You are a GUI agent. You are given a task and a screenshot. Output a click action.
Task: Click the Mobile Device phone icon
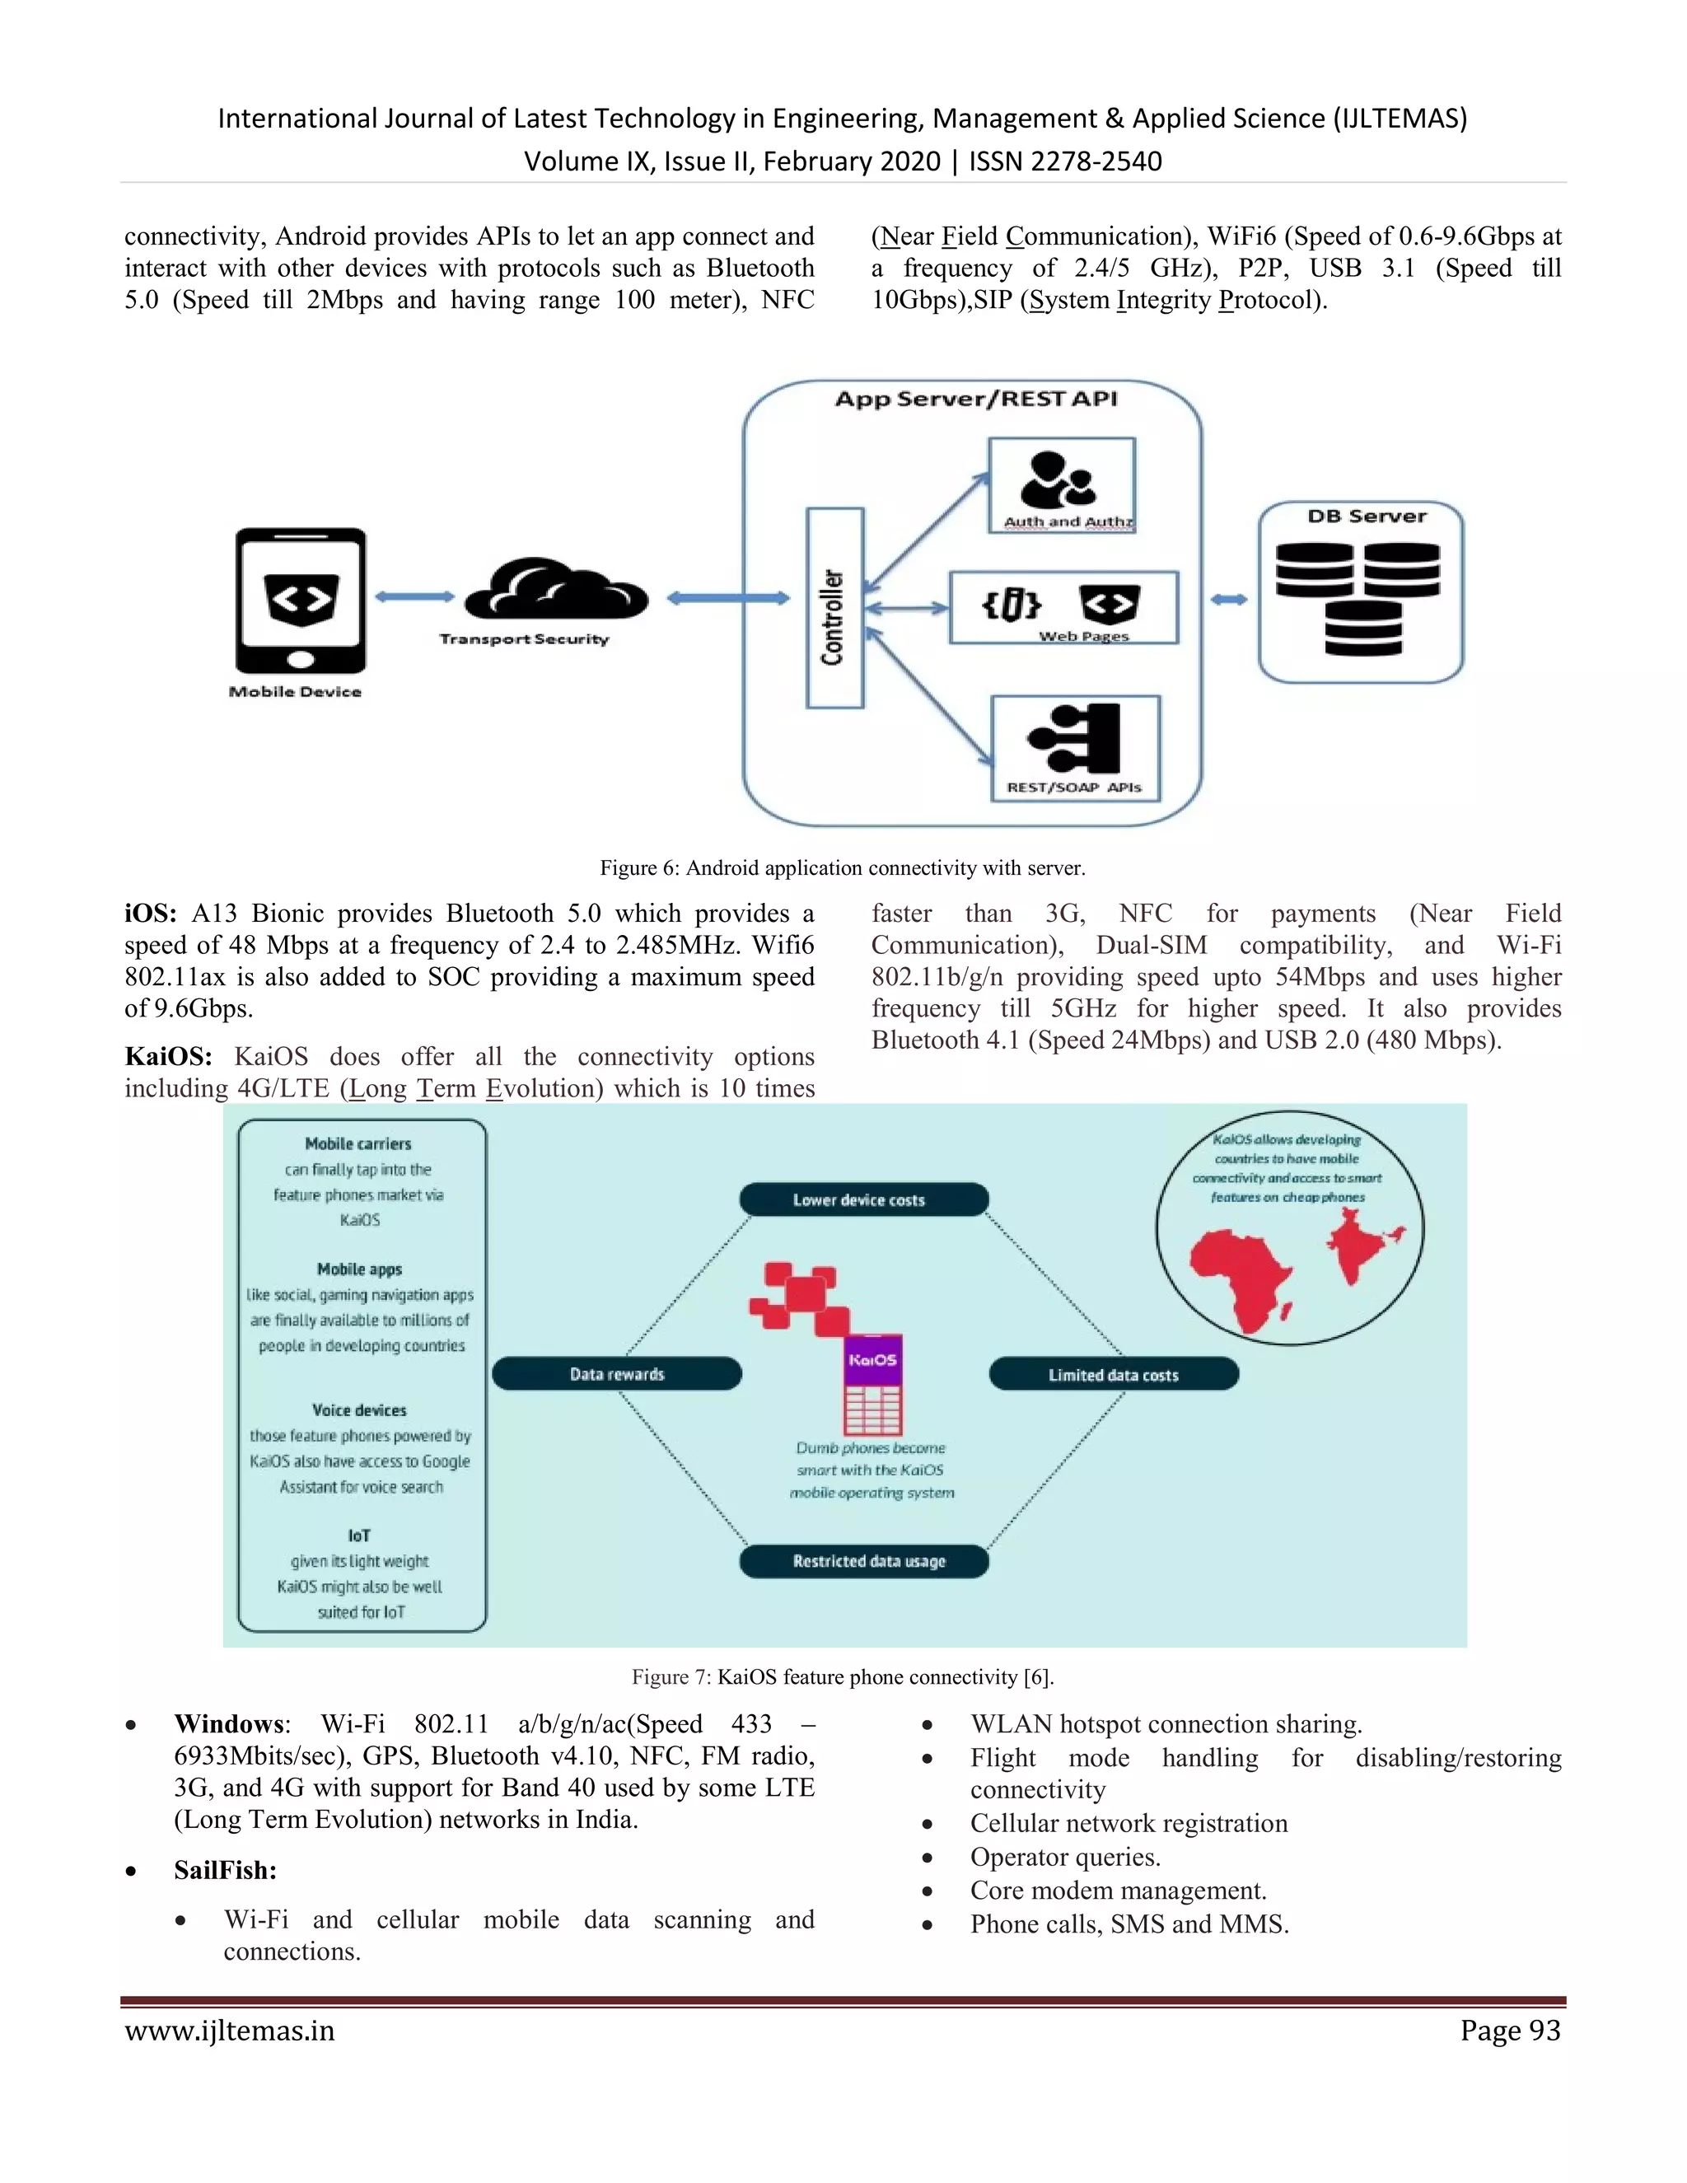[x=300, y=600]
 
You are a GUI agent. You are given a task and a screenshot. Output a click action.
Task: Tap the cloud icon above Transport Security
[x=556, y=590]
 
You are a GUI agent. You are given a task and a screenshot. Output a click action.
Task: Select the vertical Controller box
[x=834, y=608]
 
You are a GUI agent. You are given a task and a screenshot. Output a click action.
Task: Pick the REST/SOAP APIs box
[x=1075, y=749]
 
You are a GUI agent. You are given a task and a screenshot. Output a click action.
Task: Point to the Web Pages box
[x=1063, y=607]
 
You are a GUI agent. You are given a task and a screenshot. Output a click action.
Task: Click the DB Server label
[x=1367, y=517]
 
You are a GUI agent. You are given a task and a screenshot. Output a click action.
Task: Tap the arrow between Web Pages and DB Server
[x=1228, y=600]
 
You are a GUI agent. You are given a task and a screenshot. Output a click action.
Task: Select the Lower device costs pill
[x=863, y=1199]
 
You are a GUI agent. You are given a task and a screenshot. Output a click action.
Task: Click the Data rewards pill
[x=617, y=1373]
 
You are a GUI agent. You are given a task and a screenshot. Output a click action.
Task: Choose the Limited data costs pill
[x=1114, y=1374]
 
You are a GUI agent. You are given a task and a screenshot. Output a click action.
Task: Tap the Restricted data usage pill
[x=863, y=1560]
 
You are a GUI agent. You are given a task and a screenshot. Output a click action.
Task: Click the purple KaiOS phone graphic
[x=872, y=1385]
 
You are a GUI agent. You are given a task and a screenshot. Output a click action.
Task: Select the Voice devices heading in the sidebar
[x=360, y=1409]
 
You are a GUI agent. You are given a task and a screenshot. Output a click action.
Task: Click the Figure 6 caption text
[x=842, y=867]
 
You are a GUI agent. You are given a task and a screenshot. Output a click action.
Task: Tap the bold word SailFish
[x=225, y=1870]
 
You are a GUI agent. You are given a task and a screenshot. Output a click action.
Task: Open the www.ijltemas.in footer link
[x=230, y=2031]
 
